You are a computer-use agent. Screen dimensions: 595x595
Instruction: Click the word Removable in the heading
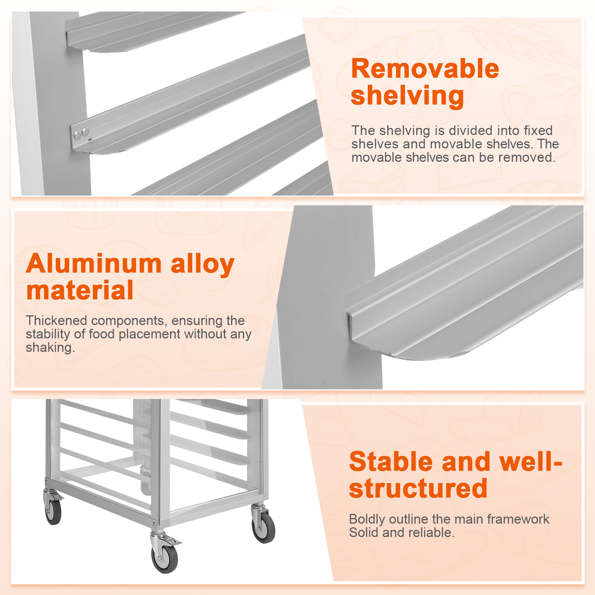[425, 69]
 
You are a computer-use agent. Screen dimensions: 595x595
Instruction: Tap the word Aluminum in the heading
[94, 264]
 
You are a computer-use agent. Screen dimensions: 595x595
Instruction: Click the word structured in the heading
[418, 488]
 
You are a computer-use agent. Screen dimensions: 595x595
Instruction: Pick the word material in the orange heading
[80, 290]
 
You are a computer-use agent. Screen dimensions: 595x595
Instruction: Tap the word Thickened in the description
[56, 321]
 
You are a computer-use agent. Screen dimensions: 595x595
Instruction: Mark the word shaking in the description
[50, 348]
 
